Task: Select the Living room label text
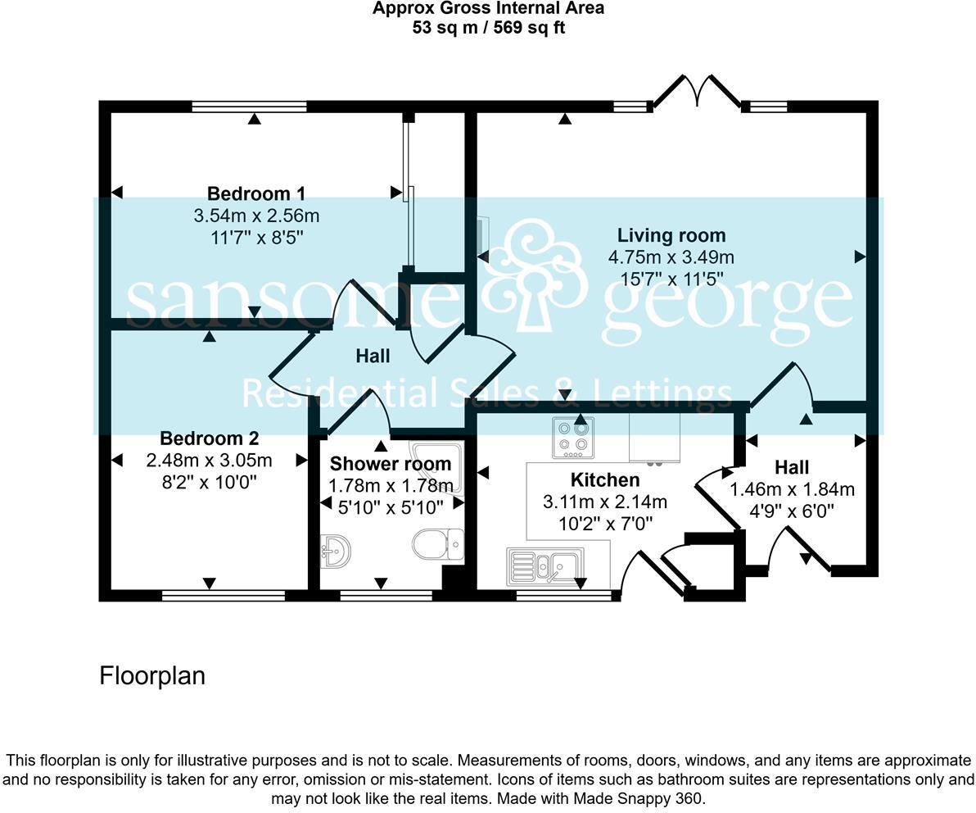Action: (x=671, y=236)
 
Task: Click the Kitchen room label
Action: (x=604, y=479)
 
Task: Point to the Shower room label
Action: (x=390, y=464)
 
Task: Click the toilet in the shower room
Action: (x=439, y=544)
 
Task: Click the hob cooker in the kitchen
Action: (x=572, y=438)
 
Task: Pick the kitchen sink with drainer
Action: (x=544, y=565)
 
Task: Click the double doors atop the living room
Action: (x=697, y=92)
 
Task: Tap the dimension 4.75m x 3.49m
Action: (x=671, y=257)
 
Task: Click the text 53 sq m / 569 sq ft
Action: (x=488, y=27)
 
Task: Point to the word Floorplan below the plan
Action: (x=152, y=676)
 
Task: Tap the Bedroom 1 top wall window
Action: (x=249, y=107)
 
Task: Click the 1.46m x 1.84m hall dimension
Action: (x=792, y=490)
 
